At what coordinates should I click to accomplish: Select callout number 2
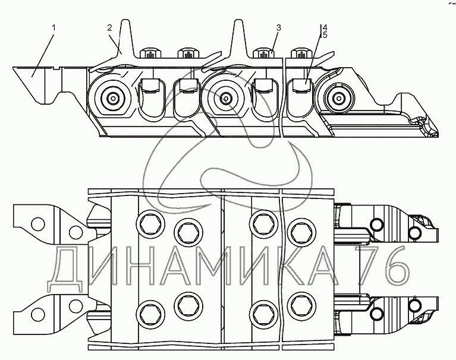click(x=109, y=28)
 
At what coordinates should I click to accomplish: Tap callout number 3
click(x=278, y=28)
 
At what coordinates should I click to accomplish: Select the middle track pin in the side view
click(x=225, y=99)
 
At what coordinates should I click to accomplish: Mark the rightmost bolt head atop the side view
click(x=302, y=54)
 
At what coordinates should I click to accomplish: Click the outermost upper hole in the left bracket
click(x=38, y=224)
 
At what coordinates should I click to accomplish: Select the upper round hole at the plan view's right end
click(x=376, y=225)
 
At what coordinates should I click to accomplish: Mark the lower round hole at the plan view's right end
click(x=376, y=311)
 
